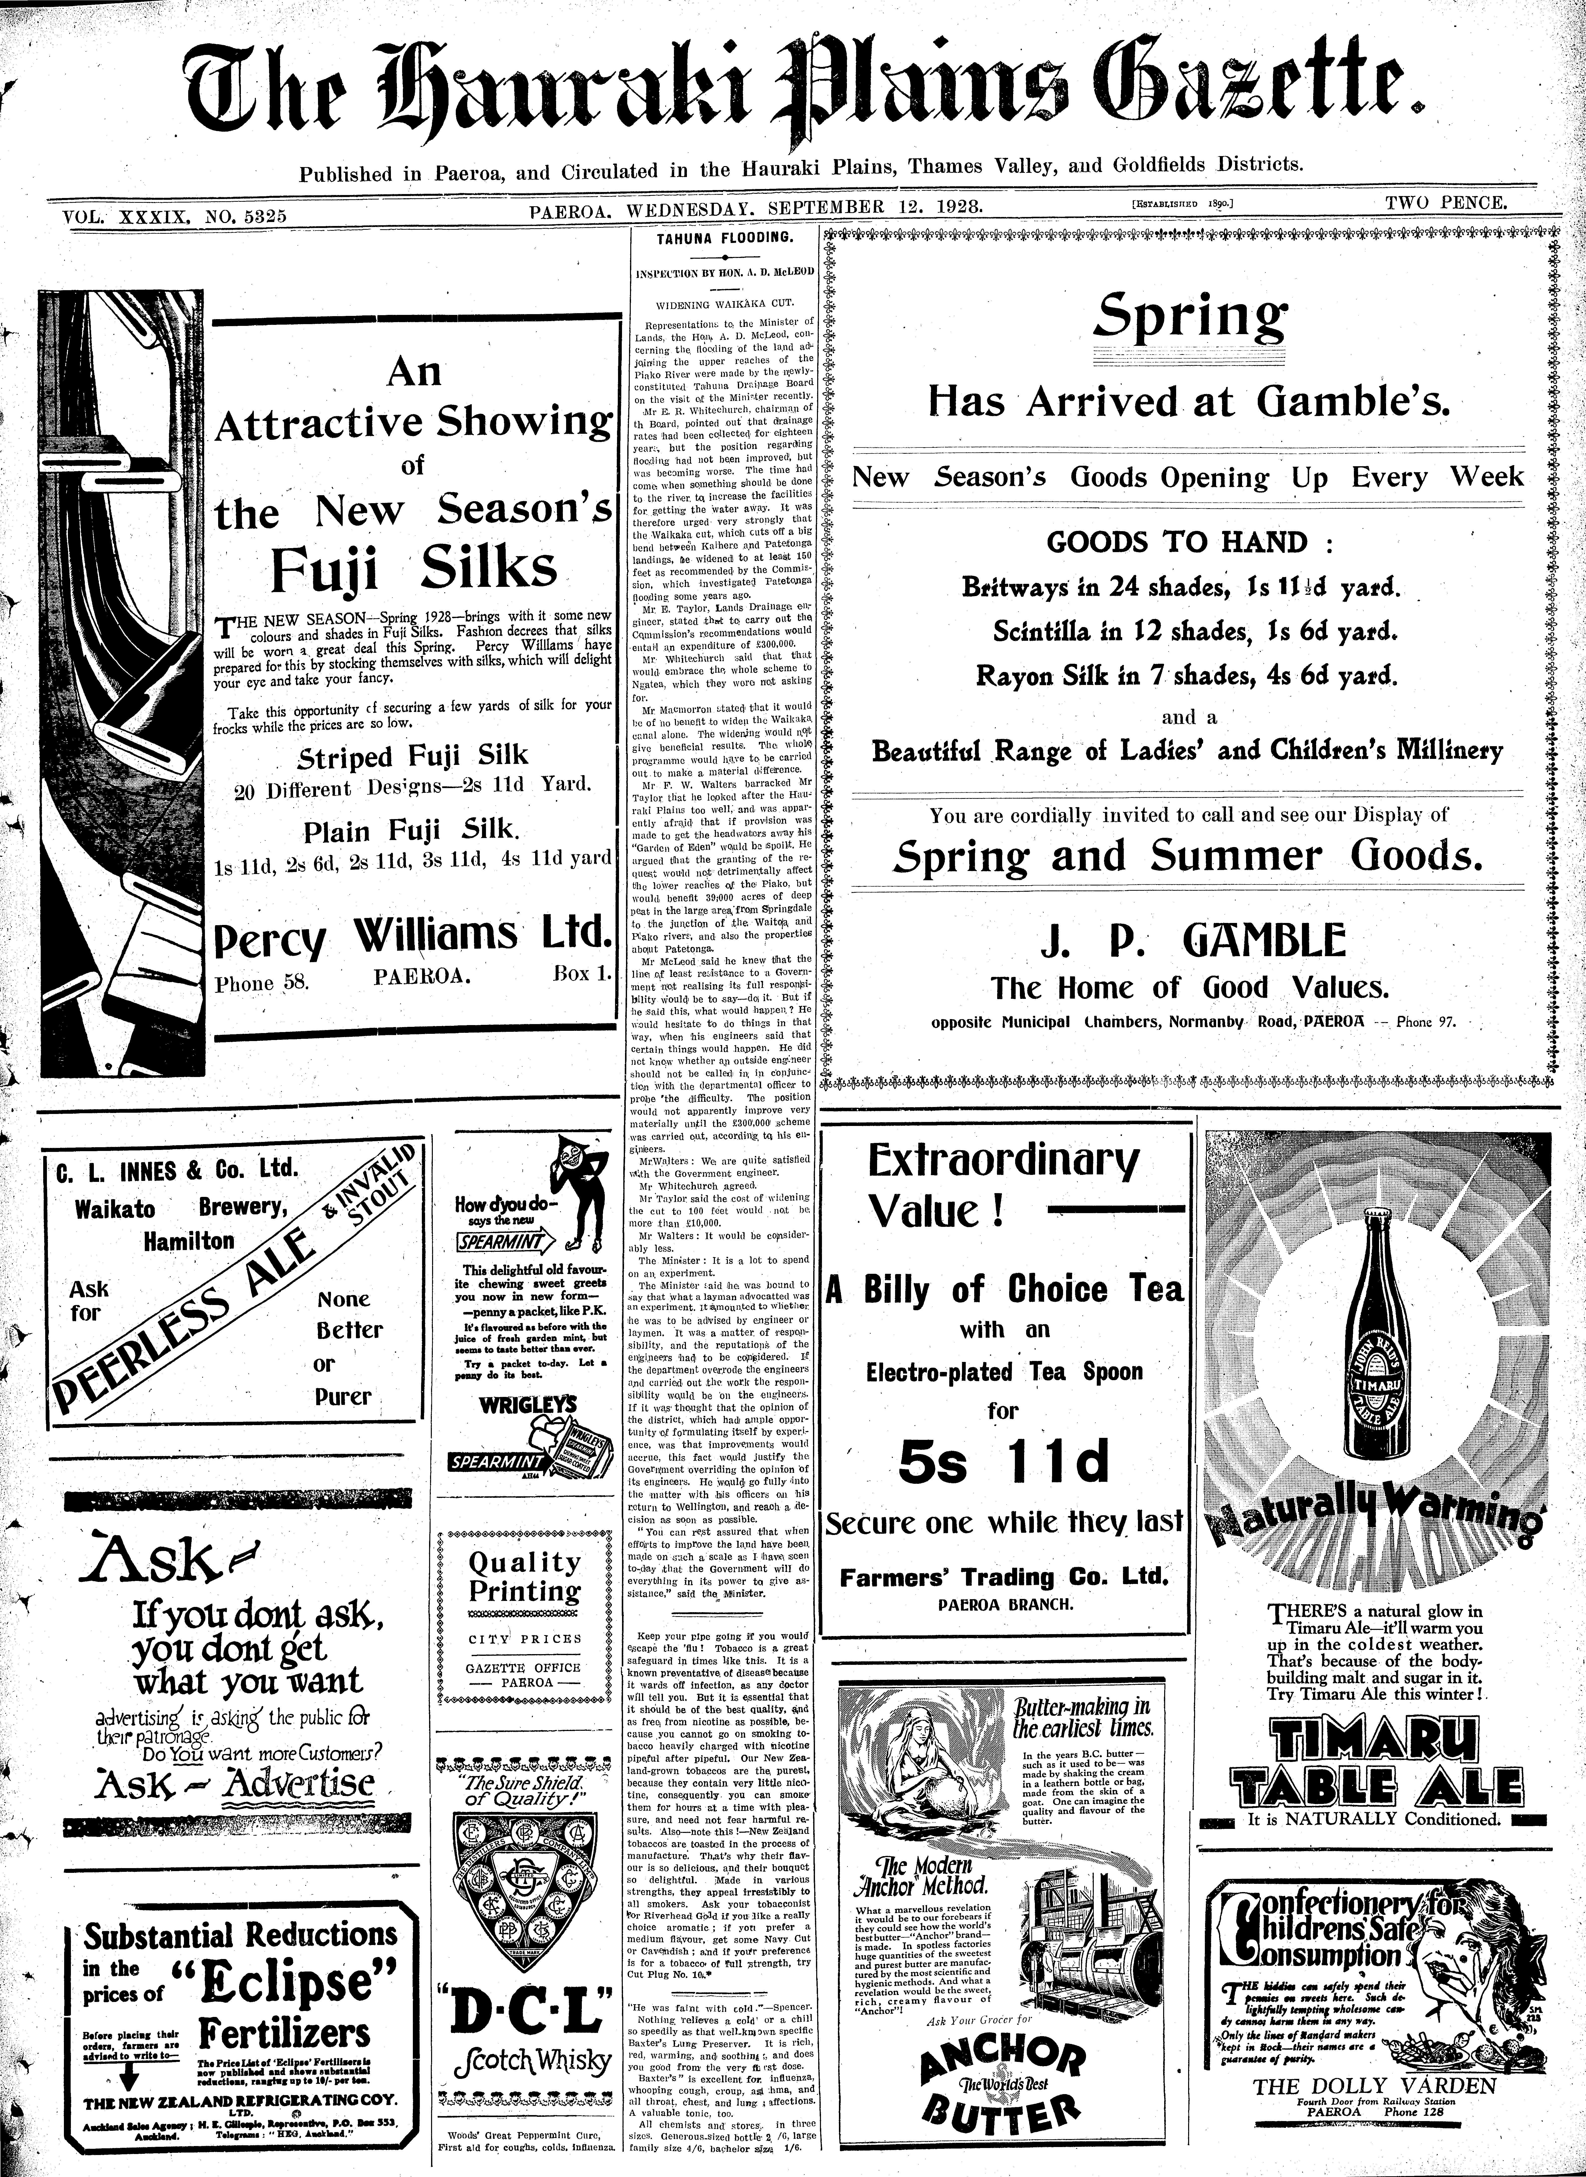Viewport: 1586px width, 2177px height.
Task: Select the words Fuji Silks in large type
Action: pyautogui.click(x=413, y=569)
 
